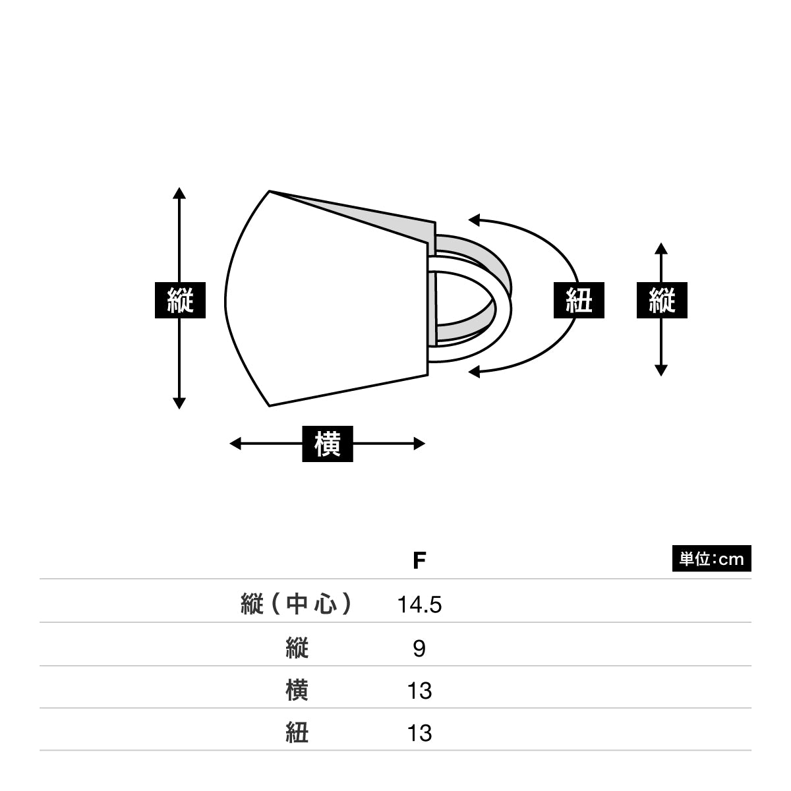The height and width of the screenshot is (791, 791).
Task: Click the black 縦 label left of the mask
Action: point(180,300)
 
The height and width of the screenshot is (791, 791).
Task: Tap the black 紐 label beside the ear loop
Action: point(579,300)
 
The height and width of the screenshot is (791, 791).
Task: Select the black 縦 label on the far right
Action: point(662,300)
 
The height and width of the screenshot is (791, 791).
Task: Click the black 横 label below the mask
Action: point(327,444)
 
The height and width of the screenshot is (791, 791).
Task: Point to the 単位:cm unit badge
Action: point(711,558)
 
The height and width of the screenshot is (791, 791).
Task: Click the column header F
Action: point(419,561)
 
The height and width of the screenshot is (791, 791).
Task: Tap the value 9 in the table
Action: point(419,649)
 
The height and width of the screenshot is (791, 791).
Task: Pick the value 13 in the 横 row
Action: point(419,691)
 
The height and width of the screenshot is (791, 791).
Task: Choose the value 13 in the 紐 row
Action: point(419,733)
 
